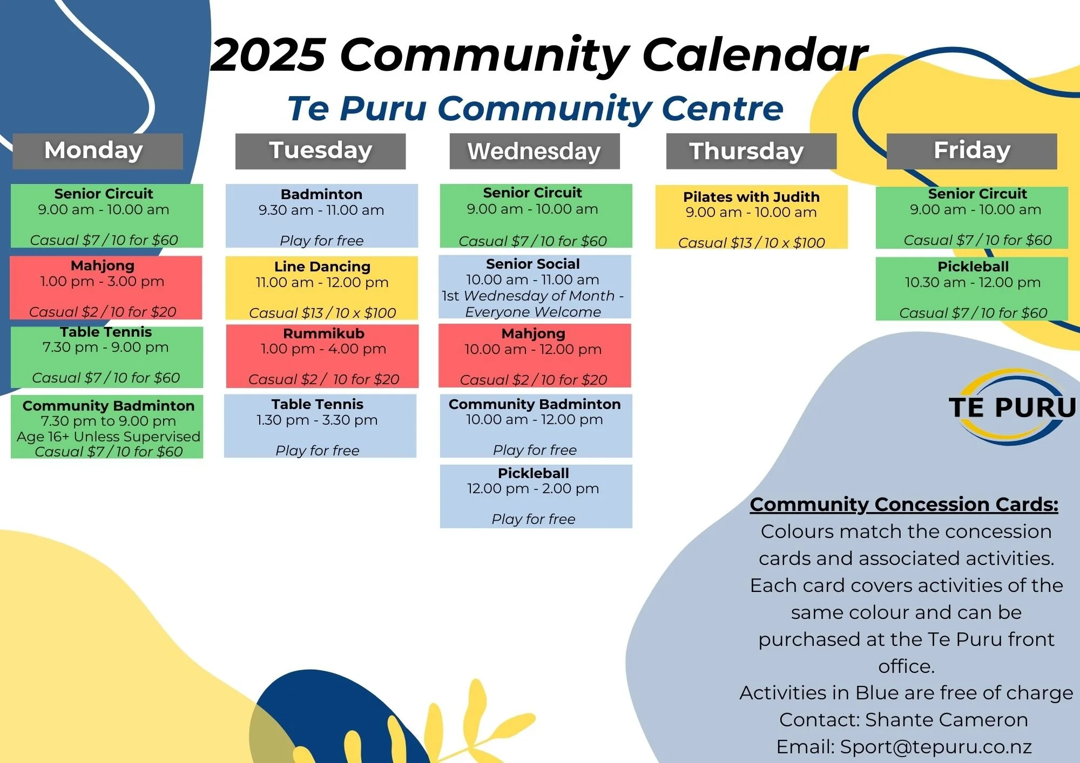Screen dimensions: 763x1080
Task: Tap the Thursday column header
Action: tap(751, 151)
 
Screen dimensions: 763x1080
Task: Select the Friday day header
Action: tap(971, 151)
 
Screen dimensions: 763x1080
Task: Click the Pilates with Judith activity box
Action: tap(751, 217)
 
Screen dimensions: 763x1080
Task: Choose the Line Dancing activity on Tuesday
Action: tap(322, 288)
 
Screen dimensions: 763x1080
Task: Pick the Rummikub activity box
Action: tap(322, 356)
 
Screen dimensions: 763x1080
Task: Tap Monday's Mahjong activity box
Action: tap(106, 288)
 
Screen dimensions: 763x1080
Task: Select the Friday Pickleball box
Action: tap(972, 289)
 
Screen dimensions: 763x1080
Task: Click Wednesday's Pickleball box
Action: tap(536, 496)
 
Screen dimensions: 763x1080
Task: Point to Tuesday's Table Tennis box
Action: tap(320, 426)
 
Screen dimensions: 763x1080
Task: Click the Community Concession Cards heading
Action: tap(904, 504)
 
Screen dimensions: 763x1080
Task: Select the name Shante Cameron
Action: tap(946, 720)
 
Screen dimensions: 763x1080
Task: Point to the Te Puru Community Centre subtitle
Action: tap(535, 108)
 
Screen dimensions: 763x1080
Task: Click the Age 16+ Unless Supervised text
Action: tap(109, 436)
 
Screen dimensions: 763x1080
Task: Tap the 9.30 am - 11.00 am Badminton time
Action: tap(321, 210)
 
